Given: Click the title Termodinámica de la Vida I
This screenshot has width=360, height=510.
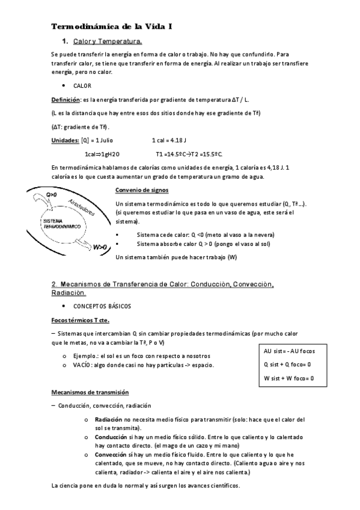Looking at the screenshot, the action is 112,27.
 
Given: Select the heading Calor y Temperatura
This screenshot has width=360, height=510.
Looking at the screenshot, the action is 108,42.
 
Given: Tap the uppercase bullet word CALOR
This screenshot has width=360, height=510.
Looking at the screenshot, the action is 82,86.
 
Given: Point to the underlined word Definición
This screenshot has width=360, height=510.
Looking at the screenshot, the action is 66,99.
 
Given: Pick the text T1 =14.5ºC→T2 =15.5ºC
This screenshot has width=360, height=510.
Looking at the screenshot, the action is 189,154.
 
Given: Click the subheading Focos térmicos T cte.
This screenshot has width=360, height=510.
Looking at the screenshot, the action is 79,320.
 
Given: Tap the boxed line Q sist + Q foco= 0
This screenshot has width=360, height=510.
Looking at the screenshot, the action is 288,364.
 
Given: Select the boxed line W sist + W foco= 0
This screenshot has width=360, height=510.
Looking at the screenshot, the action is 288,378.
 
